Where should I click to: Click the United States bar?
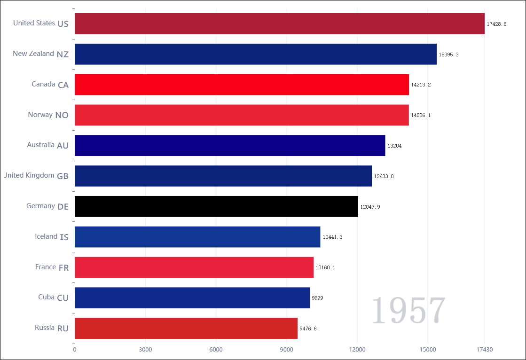pyautogui.click(x=279, y=23)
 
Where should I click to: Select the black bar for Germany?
pyautogui.click(x=216, y=206)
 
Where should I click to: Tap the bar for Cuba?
pyautogui.click(x=192, y=297)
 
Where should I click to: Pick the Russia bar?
pyautogui.click(x=186, y=328)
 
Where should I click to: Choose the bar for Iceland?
pyautogui.click(x=197, y=237)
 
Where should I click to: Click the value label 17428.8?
pyautogui.click(x=496, y=24)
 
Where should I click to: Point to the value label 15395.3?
pyautogui.click(x=448, y=55)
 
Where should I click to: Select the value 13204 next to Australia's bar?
pyautogui.click(x=394, y=146)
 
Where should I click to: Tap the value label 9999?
pyautogui.click(x=317, y=298)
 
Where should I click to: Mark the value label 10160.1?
pyautogui.click(x=325, y=267)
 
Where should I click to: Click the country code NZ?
pyautogui.click(x=63, y=55)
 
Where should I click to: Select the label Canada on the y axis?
pyautogui.click(x=44, y=84)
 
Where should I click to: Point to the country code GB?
pyautogui.click(x=63, y=176)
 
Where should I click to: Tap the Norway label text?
pyautogui.click(x=40, y=115)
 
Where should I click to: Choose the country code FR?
pyautogui.click(x=63, y=268)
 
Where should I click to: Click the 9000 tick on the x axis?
pyautogui.click(x=287, y=349)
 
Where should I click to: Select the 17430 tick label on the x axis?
pyautogui.click(x=484, y=349)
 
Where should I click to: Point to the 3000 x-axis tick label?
pyautogui.click(x=145, y=349)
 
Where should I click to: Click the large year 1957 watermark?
pyautogui.click(x=408, y=311)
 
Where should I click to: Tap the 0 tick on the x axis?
pyautogui.click(x=75, y=349)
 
